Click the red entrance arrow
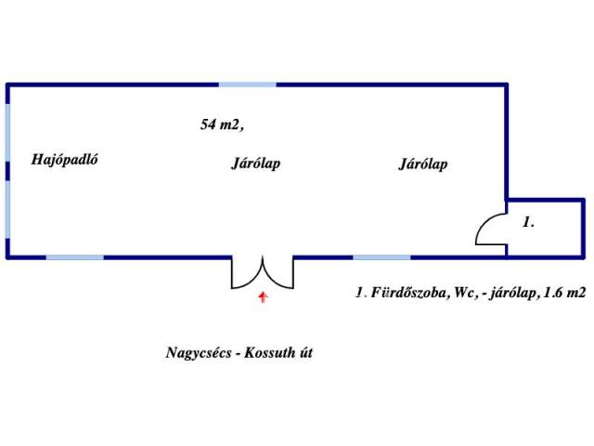coord(263,297)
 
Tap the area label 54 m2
coord(222,125)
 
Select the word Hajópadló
coord(64,159)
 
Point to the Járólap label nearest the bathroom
coord(423,164)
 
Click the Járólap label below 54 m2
coord(255,164)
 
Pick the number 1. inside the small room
coord(529,223)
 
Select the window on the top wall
coord(248,85)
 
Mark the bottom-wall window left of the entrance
coord(74,257)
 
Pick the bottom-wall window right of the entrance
coord(381,257)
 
